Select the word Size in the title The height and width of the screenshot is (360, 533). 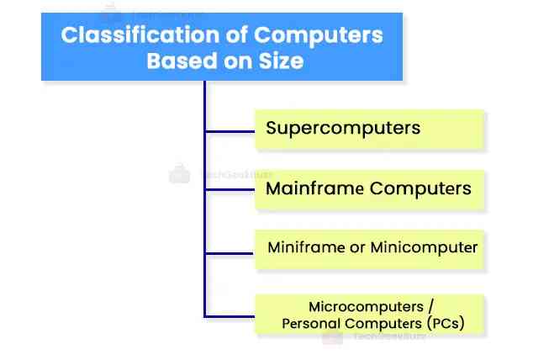(283, 61)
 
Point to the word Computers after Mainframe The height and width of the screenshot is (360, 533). (420, 188)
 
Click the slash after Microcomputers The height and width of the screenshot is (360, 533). (430, 306)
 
